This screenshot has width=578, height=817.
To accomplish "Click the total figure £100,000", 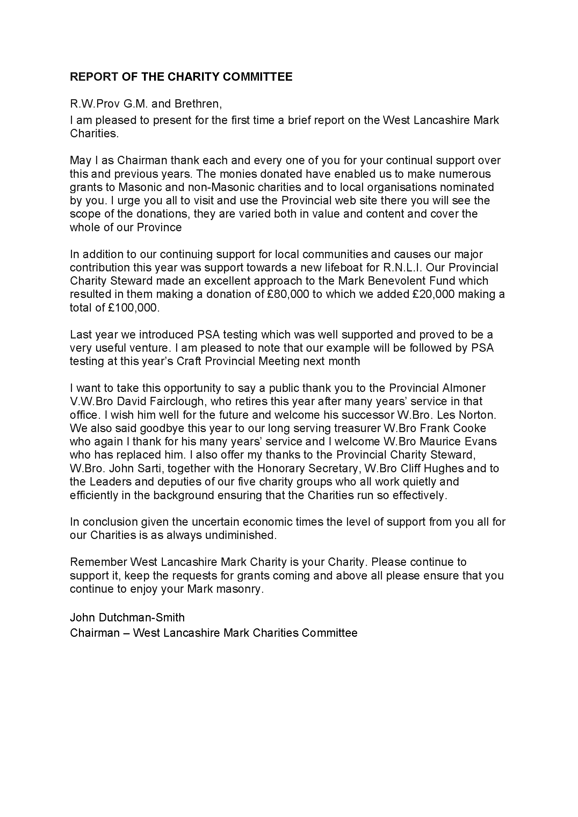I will (x=132, y=307).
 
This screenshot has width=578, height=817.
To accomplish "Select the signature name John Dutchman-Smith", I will (x=127, y=617).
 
